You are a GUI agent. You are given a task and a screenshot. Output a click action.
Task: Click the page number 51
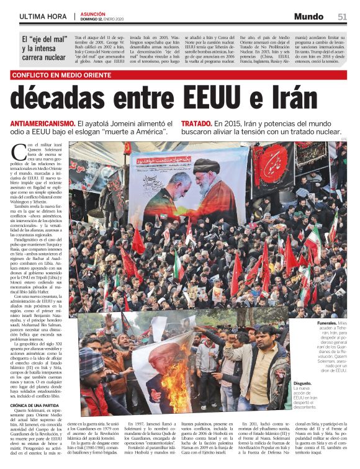342,16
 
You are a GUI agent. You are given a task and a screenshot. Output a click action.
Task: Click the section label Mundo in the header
309,16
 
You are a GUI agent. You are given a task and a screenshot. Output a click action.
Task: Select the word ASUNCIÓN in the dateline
93,13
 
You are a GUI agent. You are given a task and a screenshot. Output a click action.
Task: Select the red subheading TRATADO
196,123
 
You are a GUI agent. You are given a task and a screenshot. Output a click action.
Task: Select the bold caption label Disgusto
304,383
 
